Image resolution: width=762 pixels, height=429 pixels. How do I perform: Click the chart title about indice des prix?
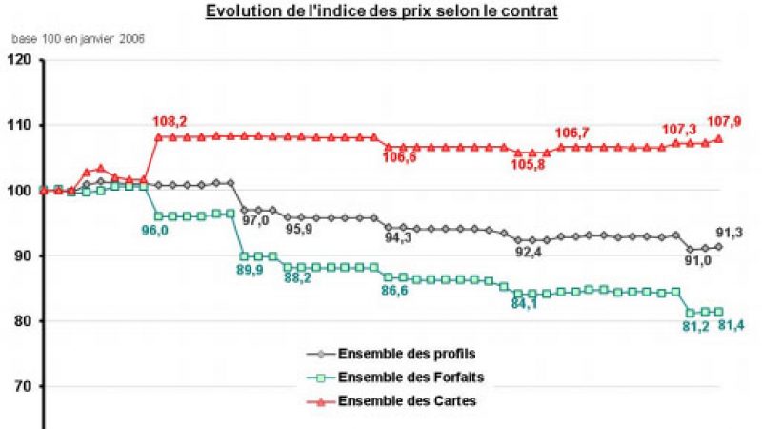pos(381,12)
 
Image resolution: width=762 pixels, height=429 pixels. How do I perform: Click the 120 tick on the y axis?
pos(20,60)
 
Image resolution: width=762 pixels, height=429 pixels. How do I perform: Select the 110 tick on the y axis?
pos(20,125)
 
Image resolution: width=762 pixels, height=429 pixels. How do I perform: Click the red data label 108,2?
pos(170,122)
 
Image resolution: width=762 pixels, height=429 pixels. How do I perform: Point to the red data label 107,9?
pos(724,122)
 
